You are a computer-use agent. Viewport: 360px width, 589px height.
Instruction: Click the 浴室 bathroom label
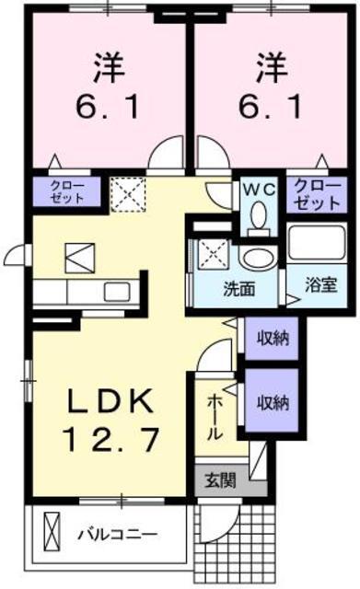(x=321, y=285)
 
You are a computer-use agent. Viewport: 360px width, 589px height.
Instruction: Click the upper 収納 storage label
(x=273, y=338)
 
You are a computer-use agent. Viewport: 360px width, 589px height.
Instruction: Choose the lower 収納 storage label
(x=273, y=401)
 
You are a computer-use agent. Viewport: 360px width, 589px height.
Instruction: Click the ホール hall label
(x=214, y=416)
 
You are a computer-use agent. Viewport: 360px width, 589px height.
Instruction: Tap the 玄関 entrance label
(x=219, y=479)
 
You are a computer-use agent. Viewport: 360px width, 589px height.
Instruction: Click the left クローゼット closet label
(x=65, y=191)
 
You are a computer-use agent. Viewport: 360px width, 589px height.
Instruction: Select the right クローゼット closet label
(x=316, y=191)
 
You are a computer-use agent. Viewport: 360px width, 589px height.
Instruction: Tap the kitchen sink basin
(x=116, y=293)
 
